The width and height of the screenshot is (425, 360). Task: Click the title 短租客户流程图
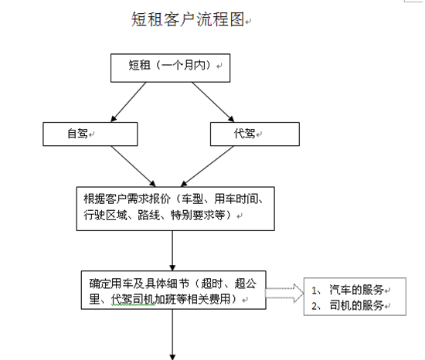tap(188, 19)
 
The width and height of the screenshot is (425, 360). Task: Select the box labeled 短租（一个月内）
tap(170, 68)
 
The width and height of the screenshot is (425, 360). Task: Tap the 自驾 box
tap(90, 134)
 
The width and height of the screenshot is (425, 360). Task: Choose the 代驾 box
tap(255, 134)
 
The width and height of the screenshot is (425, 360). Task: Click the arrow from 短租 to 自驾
tap(128, 102)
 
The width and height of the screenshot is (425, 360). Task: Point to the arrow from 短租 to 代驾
tap(213, 102)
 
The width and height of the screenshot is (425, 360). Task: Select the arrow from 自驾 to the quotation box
tap(133, 166)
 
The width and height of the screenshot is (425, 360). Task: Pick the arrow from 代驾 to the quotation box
tap(207, 166)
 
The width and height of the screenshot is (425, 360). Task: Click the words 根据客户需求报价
tap(127, 199)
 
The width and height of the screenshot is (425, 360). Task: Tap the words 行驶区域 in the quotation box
tap(105, 215)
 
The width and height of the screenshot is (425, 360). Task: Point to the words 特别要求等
tap(198, 215)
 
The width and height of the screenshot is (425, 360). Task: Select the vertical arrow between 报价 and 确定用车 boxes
tap(172, 250)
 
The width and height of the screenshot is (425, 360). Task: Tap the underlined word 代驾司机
tap(133, 299)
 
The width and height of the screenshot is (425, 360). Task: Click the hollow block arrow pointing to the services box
tap(284, 293)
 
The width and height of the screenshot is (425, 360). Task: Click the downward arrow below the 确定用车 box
tap(172, 335)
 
